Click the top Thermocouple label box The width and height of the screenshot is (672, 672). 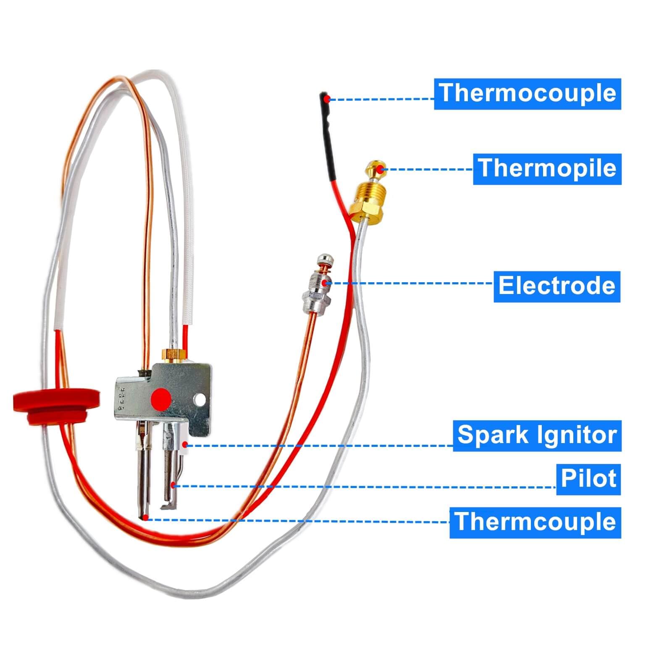(527, 94)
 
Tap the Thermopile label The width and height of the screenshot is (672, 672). (547, 169)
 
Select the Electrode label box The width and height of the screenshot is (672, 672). (556, 286)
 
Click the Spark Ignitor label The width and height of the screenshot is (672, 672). (537, 436)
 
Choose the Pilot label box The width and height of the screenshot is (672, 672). (588, 479)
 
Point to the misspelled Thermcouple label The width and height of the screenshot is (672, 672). (535, 522)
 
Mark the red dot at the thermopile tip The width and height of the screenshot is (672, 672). (380, 169)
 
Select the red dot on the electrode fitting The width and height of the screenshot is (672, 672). (325, 283)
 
